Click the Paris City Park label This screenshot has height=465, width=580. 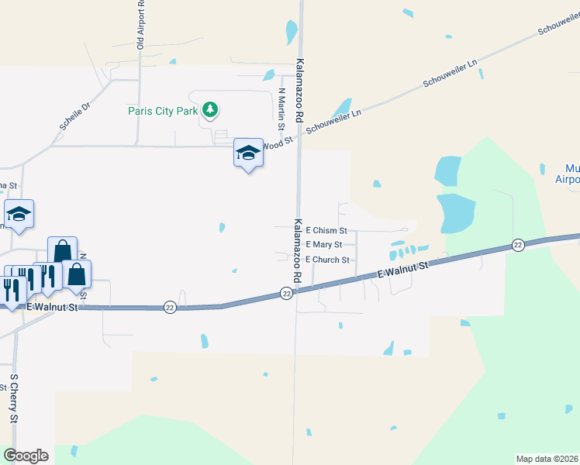163,111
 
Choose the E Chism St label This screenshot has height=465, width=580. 326,230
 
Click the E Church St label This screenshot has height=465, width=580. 327,260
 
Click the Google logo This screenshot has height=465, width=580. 26,456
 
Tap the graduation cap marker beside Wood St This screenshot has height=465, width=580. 248,153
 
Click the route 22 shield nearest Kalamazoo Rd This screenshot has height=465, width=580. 286,293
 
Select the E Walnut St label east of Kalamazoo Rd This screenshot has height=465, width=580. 402,269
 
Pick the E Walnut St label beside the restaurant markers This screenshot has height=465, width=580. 53,308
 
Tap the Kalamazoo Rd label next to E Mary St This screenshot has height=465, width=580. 298,250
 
